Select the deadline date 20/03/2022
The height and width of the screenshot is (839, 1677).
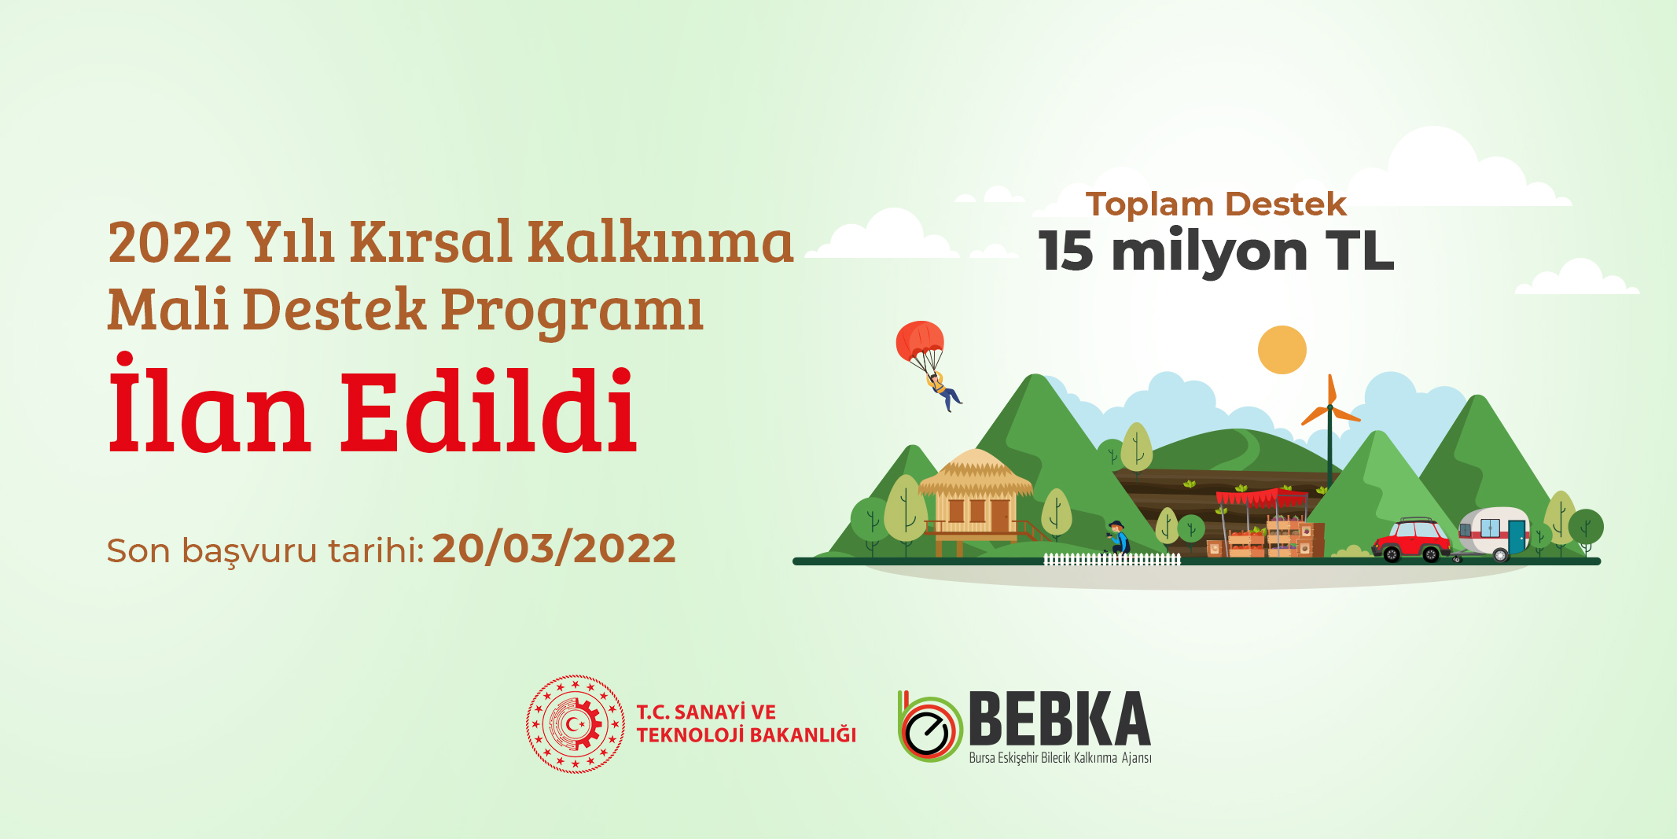554,549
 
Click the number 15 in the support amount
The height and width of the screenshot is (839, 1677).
1066,252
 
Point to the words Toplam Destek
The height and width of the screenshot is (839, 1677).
1215,204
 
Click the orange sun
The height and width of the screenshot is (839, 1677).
1282,350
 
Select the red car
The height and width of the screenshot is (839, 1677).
1411,540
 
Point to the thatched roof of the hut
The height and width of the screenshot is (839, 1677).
975,473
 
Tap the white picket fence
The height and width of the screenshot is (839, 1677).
1112,559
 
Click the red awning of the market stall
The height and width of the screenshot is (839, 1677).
1261,499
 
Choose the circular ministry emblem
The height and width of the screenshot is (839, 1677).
576,723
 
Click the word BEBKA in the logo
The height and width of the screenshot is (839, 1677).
1060,719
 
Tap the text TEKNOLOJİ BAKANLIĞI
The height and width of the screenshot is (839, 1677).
746,735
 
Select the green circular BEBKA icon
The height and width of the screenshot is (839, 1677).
930,727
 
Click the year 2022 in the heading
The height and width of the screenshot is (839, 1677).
171,242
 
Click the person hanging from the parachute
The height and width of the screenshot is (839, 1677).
943,391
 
